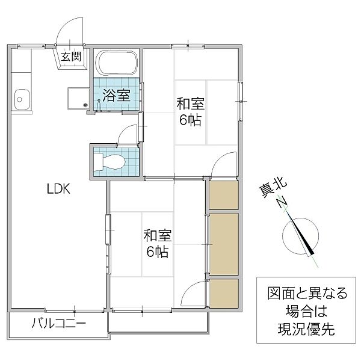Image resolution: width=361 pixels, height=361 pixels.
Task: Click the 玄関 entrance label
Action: [71, 58]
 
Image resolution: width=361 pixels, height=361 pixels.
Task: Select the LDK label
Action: [60, 189]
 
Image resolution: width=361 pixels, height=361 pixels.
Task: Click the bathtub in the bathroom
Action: [118, 63]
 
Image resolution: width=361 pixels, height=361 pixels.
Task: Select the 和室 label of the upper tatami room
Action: [190, 103]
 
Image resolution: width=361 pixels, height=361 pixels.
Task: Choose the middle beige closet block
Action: [224, 243]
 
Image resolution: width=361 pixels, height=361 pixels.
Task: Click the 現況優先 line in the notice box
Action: [307, 330]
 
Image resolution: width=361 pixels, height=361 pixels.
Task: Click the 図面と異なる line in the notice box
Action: [307, 295]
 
